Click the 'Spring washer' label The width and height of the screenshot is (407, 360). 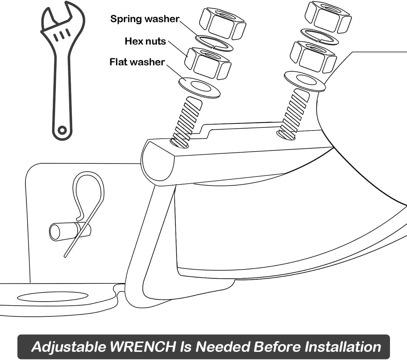point(145,19)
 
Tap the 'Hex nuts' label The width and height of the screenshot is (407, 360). point(145,41)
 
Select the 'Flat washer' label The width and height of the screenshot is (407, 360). point(137,62)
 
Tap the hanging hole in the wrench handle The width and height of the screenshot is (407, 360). point(62,130)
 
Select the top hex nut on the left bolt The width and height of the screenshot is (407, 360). point(222,24)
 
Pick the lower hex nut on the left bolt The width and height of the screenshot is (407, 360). point(208,63)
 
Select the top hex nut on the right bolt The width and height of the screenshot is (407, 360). point(328,17)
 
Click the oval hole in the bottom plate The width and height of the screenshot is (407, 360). point(53,296)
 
